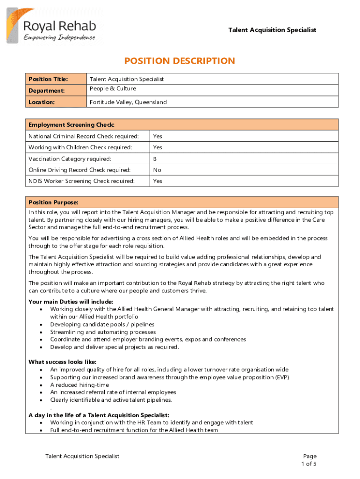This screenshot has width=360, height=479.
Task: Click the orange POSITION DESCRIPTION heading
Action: (x=180, y=61)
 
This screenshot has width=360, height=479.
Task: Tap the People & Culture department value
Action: (x=113, y=89)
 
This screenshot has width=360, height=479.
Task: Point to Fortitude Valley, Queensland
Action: (x=128, y=102)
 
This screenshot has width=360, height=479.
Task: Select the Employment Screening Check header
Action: (x=72, y=124)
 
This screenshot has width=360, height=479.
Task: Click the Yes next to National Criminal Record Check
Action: (x=158, y=136)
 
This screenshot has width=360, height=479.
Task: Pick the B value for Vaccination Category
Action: (x=155, y=159)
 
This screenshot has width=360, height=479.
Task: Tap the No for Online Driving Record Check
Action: (x=157, y=170)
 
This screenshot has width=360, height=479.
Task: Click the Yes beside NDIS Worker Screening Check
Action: (x=158, y=181)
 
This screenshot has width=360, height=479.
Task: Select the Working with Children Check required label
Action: (x=80, y=147)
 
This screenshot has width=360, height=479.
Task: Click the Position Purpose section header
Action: (x=53, y=203)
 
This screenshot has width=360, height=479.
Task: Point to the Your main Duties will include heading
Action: (x=71, y=302)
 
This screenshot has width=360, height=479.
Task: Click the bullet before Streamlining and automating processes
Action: (x=42, y=332)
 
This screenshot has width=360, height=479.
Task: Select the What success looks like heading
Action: (x=63, y=362)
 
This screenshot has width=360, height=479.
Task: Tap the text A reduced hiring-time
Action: (x=79, y=385)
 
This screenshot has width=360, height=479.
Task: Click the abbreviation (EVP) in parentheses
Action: (x=281, y=377)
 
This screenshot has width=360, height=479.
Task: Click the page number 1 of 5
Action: (x=309, y=464)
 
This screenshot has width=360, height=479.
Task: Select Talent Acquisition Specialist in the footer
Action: (x=82, y=456)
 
